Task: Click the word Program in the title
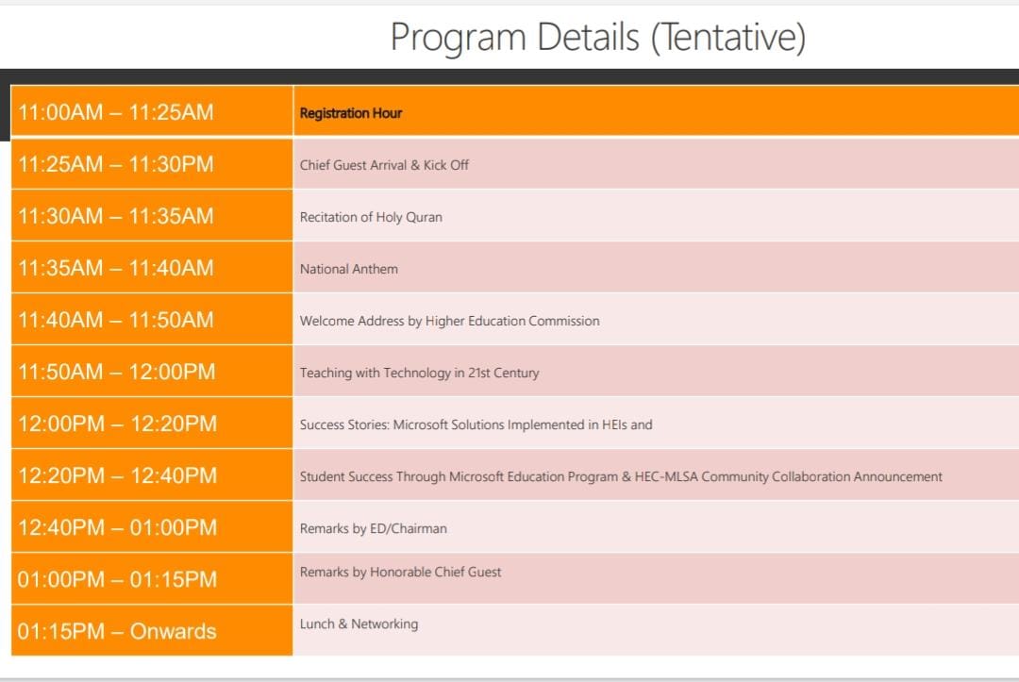click(459, 39)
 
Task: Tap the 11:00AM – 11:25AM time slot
click(116, 112)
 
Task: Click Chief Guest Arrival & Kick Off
click(384, 165)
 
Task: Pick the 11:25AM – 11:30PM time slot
click(116, 164)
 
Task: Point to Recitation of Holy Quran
click(371, 217)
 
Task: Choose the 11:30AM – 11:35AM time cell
click(116, 216)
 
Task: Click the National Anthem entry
click(349, 269)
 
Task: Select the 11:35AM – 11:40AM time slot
click(116, 268)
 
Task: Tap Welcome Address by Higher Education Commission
click(450, 321)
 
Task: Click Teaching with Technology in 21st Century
click(419, 373)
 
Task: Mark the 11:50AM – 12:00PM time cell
click(116, 373)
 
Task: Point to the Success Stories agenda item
click(476, 424)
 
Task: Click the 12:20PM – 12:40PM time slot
click(117, 476)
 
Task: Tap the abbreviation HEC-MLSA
click(666, 476)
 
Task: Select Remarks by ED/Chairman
click(373, 528)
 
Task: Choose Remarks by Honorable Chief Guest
click(400, 573)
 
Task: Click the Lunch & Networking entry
click(359, 624)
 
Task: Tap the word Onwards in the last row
click(173, 631)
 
